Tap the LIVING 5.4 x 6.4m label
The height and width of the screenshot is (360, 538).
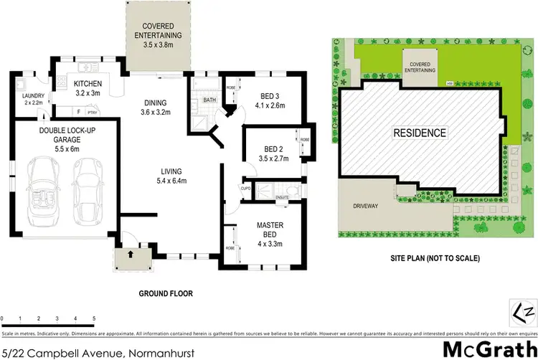[171, 176]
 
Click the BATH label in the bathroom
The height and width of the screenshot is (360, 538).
[209, 100]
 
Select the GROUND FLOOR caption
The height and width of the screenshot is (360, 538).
[165, 293]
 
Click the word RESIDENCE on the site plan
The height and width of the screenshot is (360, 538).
[419, 133]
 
